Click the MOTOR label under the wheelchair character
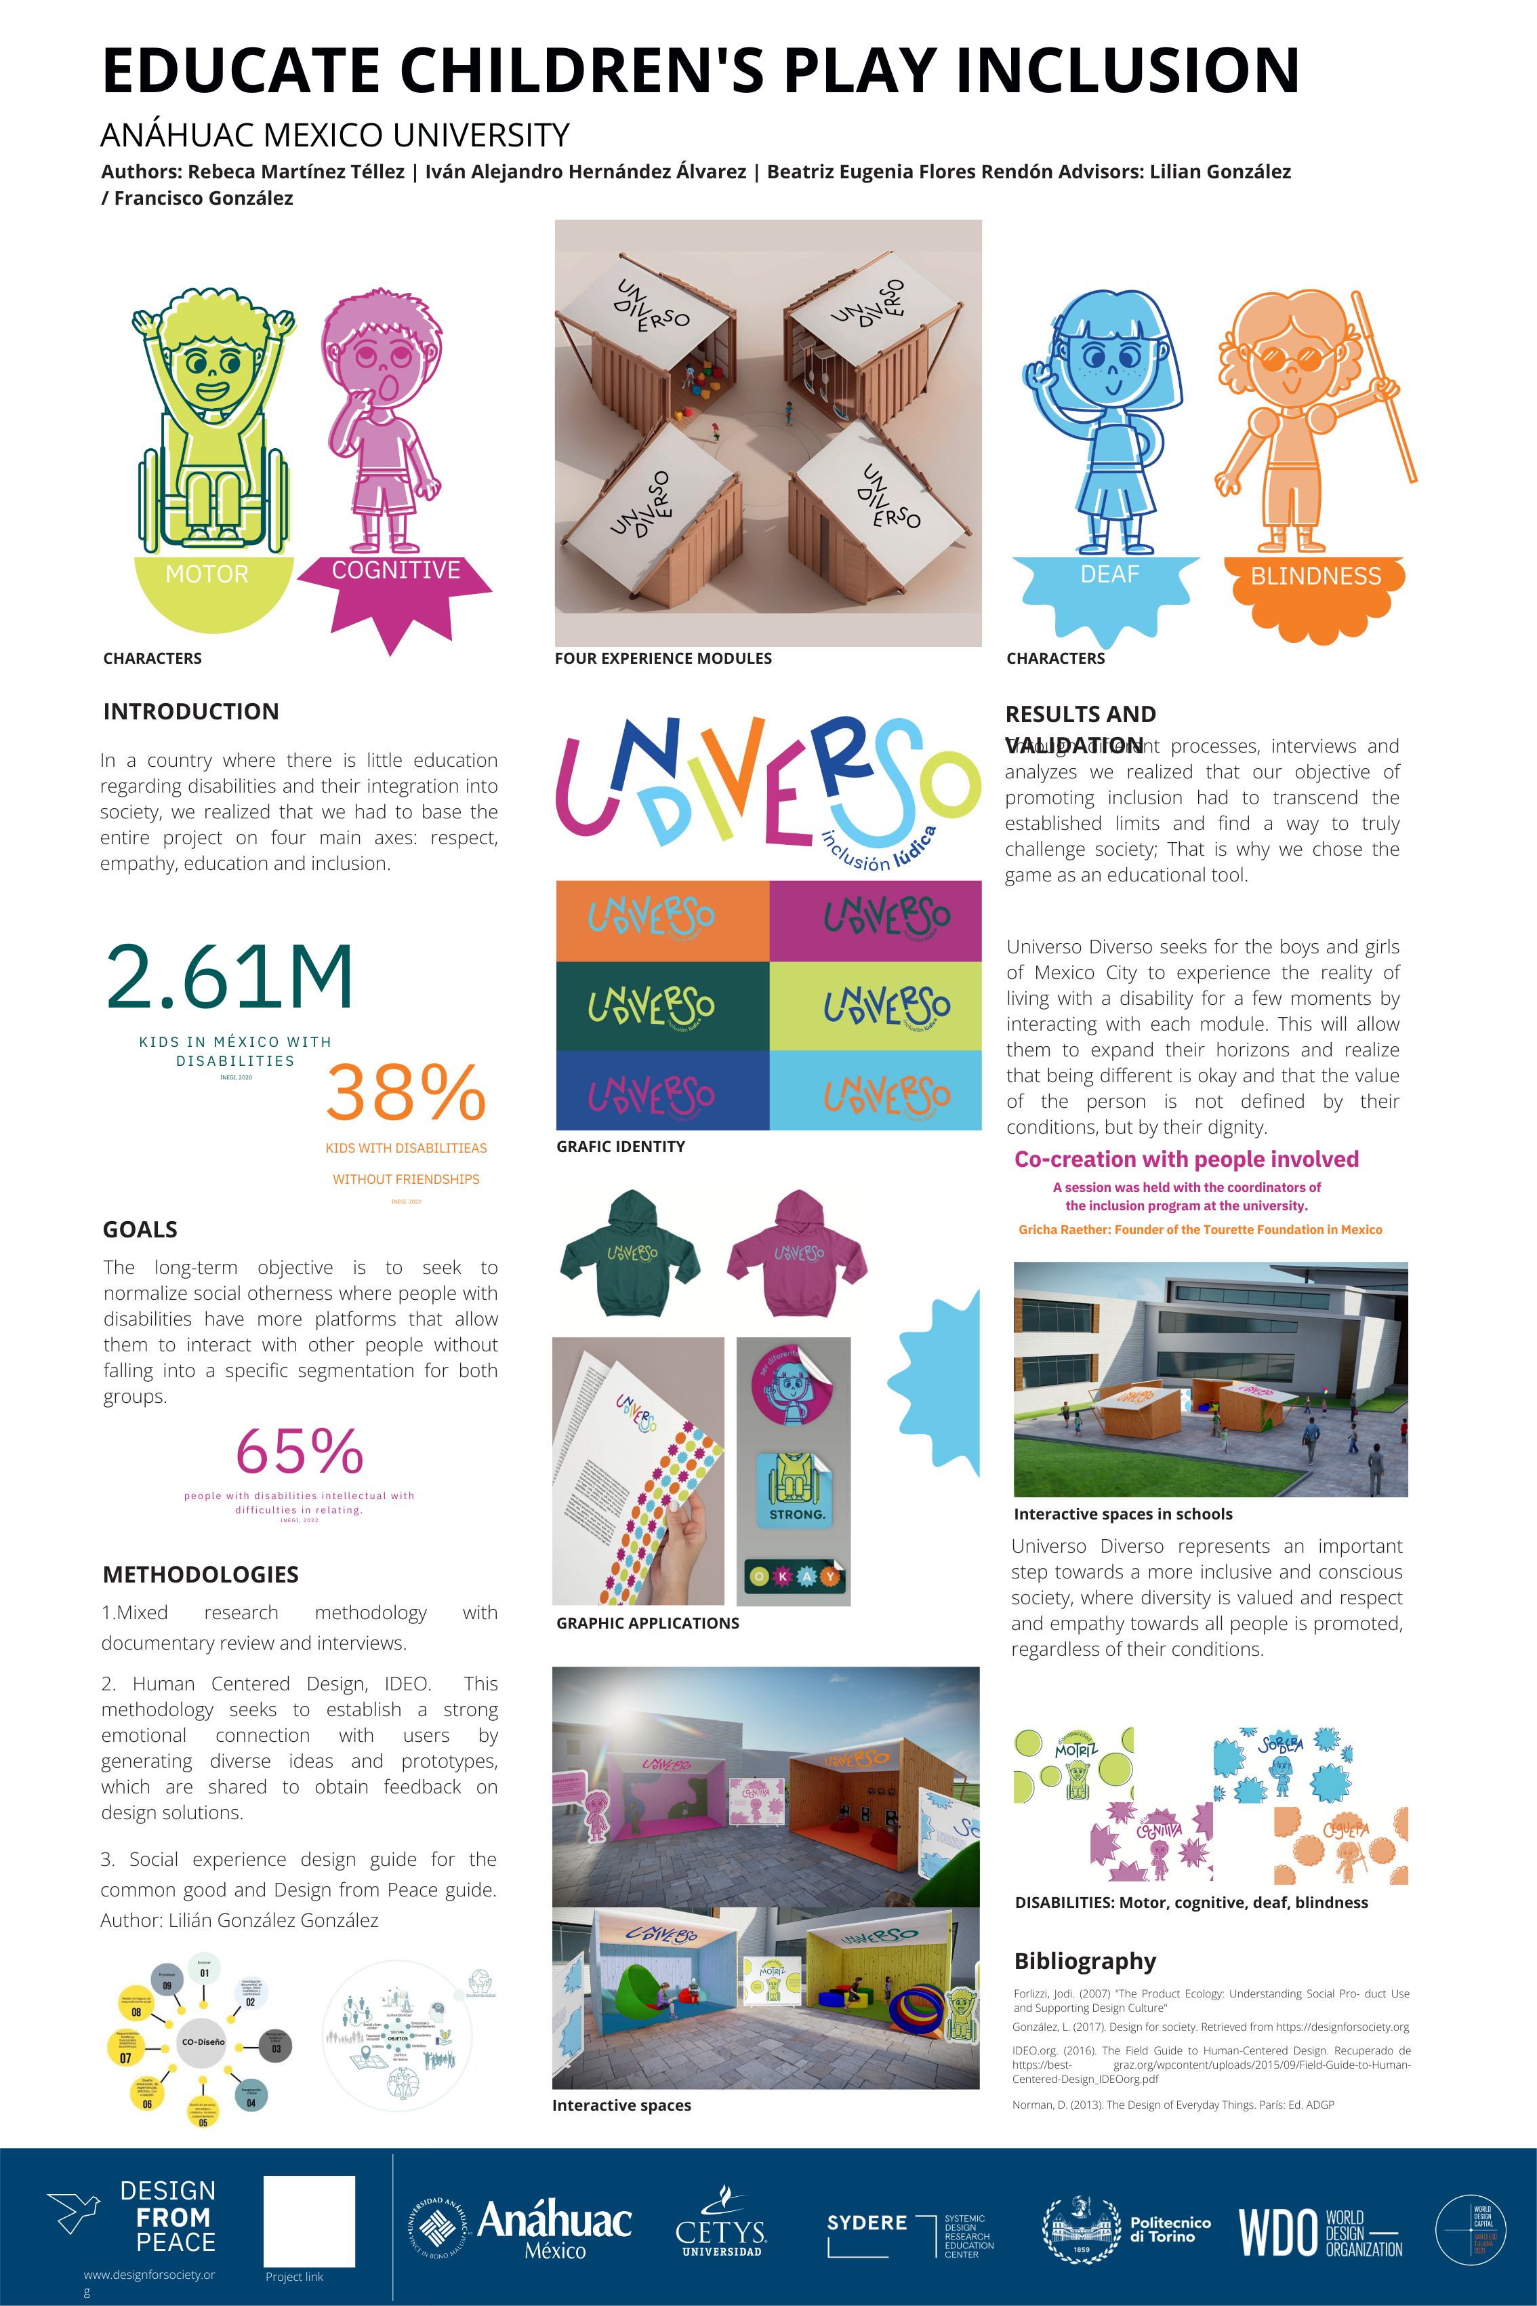point(207,574)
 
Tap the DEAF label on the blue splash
point(1109,574)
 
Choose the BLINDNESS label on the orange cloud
point(1315,576)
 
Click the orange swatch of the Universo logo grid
point(663,919)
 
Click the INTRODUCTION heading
point(191,712)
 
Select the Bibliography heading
point(1085,1961)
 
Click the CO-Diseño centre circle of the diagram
point(202,2042)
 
